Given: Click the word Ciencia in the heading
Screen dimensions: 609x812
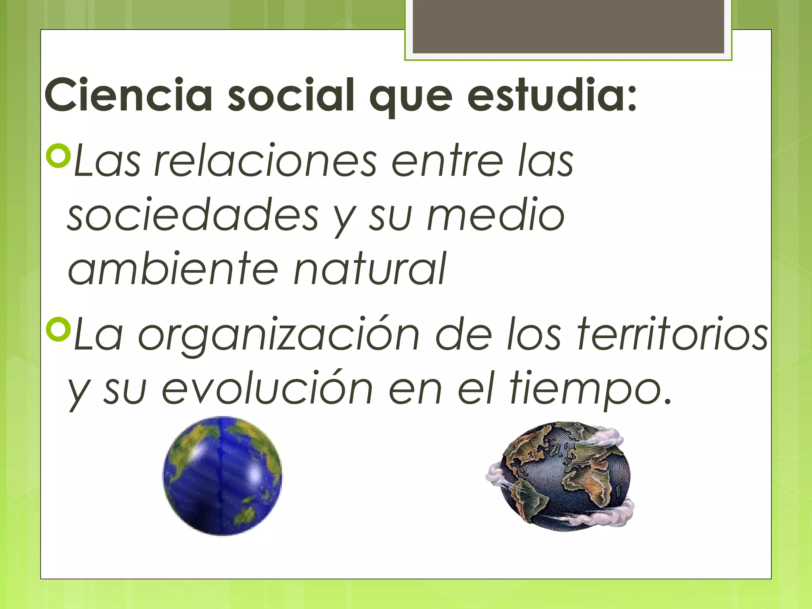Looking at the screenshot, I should [129, 95].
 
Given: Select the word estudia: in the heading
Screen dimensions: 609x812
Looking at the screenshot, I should [552, 95].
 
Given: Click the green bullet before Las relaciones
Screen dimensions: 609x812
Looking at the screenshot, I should [58, 157].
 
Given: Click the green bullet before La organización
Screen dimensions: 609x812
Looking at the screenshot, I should [58, 329].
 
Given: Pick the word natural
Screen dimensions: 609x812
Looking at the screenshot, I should [370, 270].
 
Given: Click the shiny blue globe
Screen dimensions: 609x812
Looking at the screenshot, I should [222, 476].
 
